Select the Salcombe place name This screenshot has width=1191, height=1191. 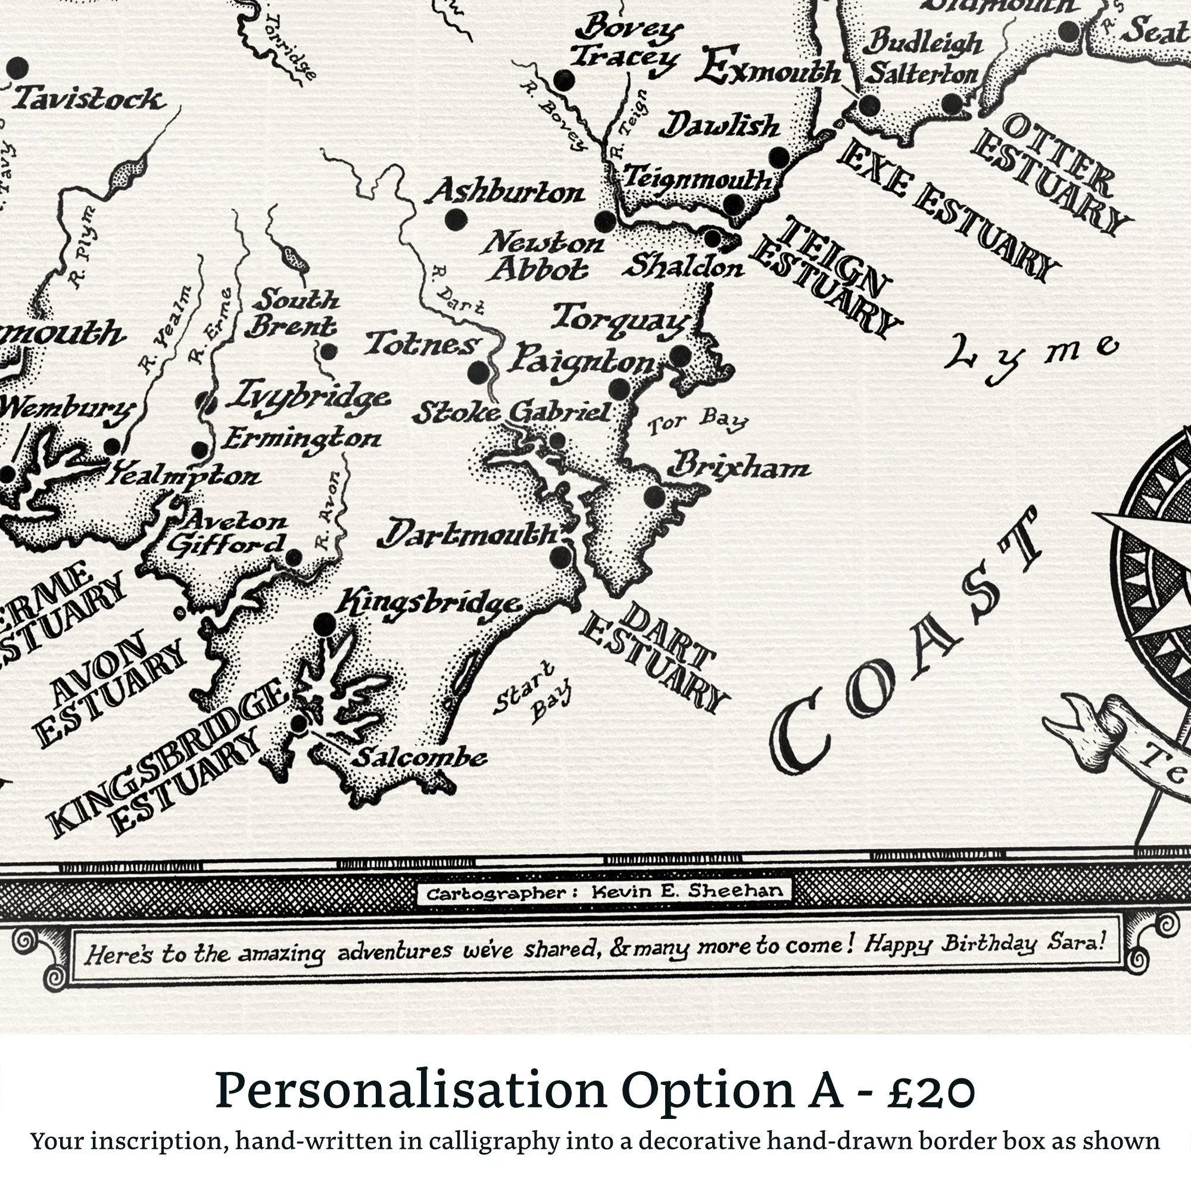click(419, 757)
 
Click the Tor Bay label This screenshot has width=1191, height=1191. click(697, 423)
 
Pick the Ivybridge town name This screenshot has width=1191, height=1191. click(308, 397)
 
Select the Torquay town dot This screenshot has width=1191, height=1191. click(681, 354)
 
